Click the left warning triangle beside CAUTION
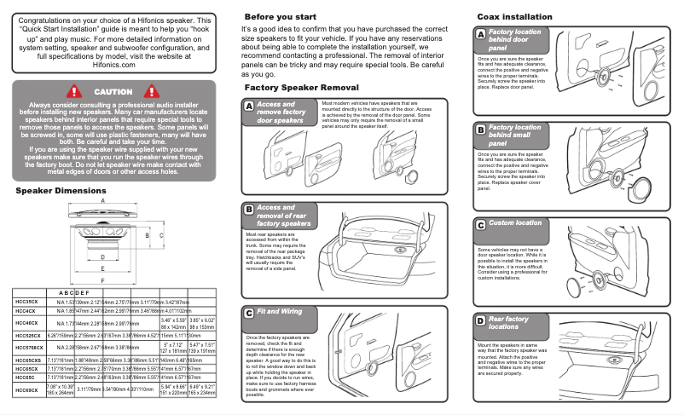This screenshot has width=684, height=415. tap(74, 91)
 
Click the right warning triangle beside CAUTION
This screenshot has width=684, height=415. tap(154, 91)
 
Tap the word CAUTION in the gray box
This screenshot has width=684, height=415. tap(113, 91)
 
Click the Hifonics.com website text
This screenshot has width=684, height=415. tap(113, 62)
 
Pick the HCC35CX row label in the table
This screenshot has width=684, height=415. tap(26, 302)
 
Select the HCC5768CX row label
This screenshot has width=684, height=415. tap(30, 348)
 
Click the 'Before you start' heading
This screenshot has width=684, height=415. tap(282, 17)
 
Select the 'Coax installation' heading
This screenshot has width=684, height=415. tap(513, 17)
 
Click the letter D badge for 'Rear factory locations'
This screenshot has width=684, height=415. tap(481, 320)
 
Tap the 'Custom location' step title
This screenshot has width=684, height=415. tap(515, 223)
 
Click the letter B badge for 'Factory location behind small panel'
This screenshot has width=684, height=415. tap(481, 129)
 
